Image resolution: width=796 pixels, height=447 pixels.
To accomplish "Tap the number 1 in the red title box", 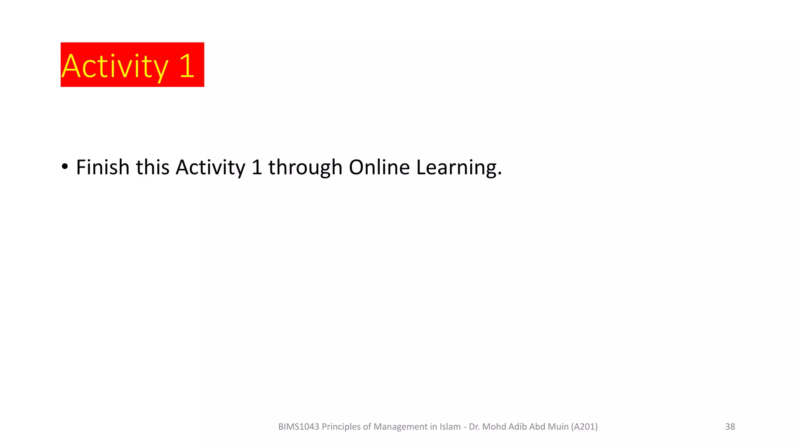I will click(187, 66).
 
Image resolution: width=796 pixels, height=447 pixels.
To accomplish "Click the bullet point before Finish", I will click(65, 167).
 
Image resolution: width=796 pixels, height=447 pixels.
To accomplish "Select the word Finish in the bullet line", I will click(103, 167).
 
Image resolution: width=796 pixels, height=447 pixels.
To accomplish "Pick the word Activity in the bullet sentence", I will click(210, 168).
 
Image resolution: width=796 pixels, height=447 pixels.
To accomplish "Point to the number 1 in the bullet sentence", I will click(257, 167).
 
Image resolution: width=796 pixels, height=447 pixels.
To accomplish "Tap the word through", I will click(305, 168).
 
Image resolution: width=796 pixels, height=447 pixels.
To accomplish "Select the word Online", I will click(379, 167).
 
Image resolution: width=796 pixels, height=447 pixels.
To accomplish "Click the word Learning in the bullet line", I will click(459, 168).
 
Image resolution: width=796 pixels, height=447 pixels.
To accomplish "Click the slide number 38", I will click(730, 426).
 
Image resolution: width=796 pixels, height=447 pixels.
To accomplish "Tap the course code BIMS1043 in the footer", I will click(298, 427).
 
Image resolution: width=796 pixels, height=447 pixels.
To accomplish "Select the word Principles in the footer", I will click(341, 427).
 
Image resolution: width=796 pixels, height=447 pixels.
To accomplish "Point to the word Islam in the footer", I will click(450, 427).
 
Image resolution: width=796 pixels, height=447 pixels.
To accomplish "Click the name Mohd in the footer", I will click(494, 427).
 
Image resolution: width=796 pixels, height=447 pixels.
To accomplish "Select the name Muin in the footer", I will click(558, 427).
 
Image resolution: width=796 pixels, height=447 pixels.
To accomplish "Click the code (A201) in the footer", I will click(585, 427).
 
